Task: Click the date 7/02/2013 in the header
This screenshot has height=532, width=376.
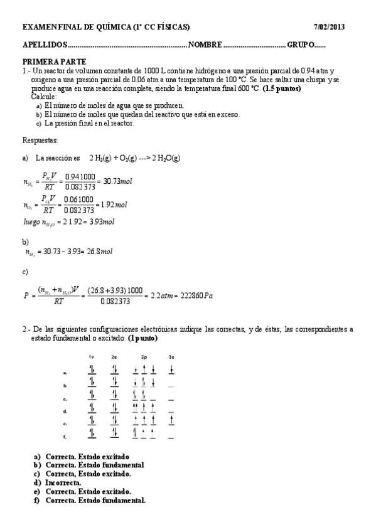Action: [x=329, y=27]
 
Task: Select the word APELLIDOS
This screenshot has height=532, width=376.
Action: [x=44, y=46]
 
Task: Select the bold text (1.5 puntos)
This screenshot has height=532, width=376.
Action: [x=281, y=88]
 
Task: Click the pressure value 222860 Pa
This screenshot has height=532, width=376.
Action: [x=195, y=295]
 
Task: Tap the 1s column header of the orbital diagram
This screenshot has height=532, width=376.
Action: [x=92, y=357]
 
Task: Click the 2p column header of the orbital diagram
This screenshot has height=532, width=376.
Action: [x=144, y=357]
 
